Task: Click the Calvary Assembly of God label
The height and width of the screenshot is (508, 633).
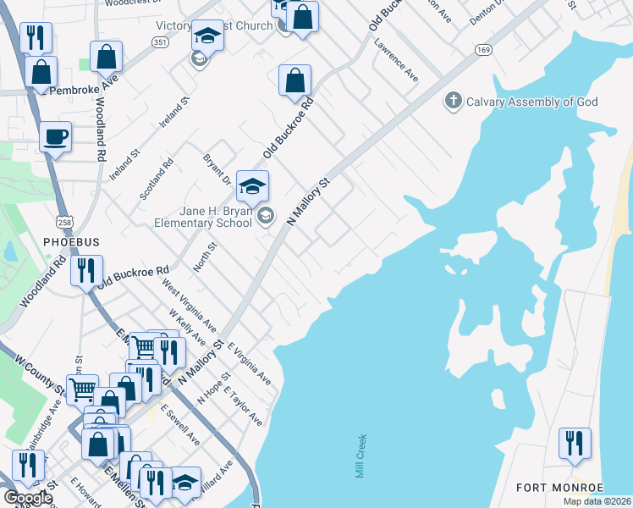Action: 533,102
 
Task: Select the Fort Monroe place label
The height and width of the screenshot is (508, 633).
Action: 560,488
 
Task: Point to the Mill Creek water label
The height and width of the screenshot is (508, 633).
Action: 361,456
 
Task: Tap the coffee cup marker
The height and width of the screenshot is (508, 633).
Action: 56,137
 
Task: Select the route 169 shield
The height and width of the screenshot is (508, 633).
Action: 483,50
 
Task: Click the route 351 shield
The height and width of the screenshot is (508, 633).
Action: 161,41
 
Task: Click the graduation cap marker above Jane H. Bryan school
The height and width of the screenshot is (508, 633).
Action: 252,186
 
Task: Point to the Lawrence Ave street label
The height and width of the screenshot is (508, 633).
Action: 397,61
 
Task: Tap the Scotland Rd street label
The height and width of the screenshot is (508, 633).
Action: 157,179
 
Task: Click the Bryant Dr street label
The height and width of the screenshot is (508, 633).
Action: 215,169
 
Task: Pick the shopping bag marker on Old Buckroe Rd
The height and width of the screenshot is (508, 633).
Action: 295,81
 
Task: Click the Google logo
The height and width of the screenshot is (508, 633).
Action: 27,498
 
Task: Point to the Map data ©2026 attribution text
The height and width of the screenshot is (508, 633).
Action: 597,501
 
